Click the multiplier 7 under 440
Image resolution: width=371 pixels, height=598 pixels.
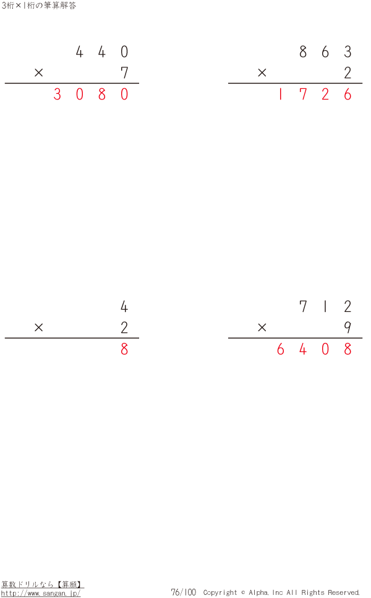coord(124,72)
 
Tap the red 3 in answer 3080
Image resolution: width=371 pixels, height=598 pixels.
coord(58,94)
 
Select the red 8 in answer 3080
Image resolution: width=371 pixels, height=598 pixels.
coord(102,94)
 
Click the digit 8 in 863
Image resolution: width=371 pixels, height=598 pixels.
coord(303,51)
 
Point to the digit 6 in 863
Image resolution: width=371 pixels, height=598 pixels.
coord(325,51)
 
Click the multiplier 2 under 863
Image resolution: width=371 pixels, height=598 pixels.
coord(348,72)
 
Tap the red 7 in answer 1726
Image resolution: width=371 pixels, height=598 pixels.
coord(303,94)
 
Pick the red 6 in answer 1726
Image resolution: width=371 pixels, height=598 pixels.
coord(348,94)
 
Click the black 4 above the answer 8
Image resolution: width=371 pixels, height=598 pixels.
coord(124,306)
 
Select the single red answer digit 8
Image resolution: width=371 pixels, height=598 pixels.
coord(124,349)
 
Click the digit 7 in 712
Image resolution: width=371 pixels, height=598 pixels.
coord(303,306)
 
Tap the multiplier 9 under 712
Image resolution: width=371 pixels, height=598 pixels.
coord(348,327)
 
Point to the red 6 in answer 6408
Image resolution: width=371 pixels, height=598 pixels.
coord(281,349)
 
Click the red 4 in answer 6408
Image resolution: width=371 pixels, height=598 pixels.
coord(303,349)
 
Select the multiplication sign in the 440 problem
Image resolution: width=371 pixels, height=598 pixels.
coord(38,72)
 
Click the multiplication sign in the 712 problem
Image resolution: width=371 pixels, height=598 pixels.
coord(262,327)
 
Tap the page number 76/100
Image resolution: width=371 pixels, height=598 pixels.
coord(183,592)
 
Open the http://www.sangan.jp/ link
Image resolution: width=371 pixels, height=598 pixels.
coord(41,593)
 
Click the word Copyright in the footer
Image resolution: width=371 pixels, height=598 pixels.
coord(220,592)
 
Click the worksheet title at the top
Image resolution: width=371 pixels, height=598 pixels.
coord(39,6)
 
